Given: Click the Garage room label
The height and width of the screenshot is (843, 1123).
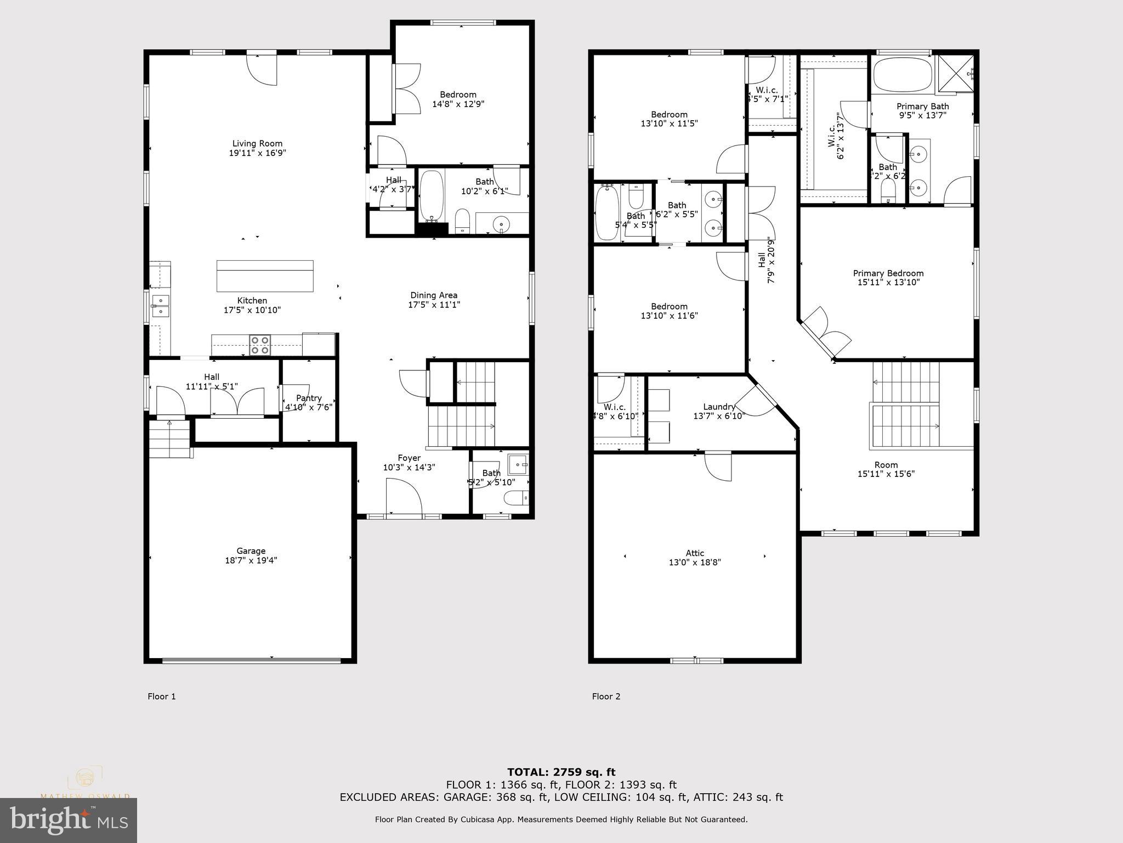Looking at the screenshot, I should (251, 550).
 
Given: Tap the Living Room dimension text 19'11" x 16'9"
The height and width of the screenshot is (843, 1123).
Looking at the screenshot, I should (257, 153).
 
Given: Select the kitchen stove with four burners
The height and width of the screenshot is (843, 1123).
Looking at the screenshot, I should (260, 345).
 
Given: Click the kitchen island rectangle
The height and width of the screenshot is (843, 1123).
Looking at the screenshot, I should (265, 276).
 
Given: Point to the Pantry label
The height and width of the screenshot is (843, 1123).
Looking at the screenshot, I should (309, 398).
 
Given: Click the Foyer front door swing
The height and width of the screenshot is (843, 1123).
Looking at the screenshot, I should (403, 496).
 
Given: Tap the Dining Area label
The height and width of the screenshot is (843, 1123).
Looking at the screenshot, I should (434, 295).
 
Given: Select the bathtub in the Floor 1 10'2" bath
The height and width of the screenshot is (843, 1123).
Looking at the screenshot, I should (432, 196).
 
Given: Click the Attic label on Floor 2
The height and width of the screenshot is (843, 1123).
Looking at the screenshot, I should (695, 553).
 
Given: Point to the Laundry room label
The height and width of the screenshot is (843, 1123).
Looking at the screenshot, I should (719, 407).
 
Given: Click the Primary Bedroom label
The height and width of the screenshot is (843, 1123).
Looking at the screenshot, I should (888, 273).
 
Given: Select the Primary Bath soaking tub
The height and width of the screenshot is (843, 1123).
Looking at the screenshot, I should (902, 75).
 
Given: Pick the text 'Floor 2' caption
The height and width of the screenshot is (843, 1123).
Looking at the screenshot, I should (606, 696).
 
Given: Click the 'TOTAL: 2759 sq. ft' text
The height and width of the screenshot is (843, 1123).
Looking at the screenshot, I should (561, 772).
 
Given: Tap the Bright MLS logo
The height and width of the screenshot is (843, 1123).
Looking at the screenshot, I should (68, 820).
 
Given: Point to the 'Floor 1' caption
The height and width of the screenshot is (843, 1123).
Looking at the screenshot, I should (162, 696).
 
